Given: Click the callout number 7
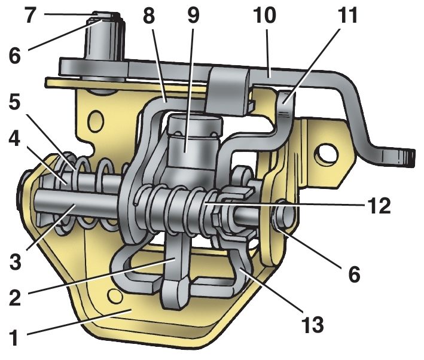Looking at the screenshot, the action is coord(30,15).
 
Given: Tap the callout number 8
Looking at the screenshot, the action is coord(149,15).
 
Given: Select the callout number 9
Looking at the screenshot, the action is coord(193,15).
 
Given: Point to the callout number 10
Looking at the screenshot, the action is coord(265,15).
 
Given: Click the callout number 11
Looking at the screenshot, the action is coord(347,15).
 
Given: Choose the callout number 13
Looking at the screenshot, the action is coord(313,324).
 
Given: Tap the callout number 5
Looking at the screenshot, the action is coord(15,103).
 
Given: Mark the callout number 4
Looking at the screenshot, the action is coord(14,139).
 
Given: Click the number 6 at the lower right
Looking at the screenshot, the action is coord(354,274).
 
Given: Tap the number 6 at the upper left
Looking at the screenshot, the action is coord(14,56).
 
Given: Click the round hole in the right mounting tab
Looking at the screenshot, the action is coord(328,155).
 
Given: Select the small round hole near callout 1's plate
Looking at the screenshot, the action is coord(115,295).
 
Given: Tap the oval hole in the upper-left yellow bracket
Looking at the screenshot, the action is coord(96,121).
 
